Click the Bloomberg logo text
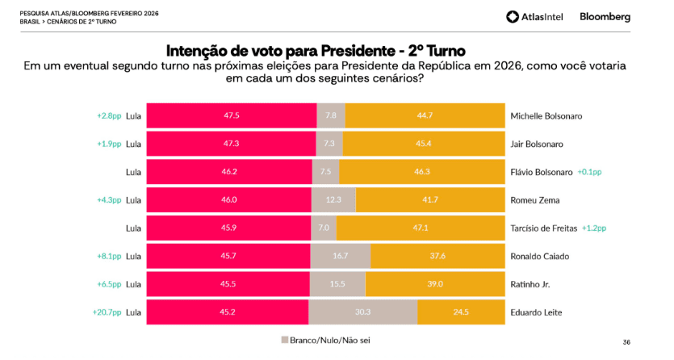tap(605, 16)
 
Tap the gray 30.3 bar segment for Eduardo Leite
tap(362, 312)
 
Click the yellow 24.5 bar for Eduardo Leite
tap(460, 312)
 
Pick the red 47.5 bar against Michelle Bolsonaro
tap(232, 115)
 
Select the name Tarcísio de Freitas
tap(545, 228)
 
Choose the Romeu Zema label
tap(534, 200)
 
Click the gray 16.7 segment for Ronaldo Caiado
tap(340, 256)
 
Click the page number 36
tap(626, 341)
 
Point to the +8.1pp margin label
tap(108, 256)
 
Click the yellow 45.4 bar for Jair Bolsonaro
tap(423, 144)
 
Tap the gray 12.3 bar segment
tap(334, 200)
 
